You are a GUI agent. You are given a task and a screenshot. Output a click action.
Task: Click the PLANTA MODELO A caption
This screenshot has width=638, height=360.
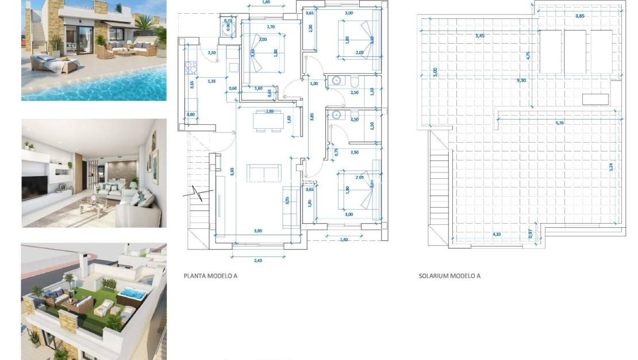pyautogui.click(x=210, y=276)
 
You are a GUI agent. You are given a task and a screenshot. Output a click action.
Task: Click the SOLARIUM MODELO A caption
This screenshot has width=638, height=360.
pyautogui.click(x=449, y=276)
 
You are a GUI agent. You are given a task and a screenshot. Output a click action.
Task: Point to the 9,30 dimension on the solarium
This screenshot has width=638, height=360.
pyautogui.click(x=521, y=80)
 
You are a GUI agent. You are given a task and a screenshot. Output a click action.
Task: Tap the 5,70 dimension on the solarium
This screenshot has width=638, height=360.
pyautogui.click(x=559, y=123)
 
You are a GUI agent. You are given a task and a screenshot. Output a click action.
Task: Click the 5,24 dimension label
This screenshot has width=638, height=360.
pyautogui.click(x=612, y=167)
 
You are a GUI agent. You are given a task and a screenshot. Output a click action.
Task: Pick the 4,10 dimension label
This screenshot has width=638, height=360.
pyautogui.click(x=496, y=234)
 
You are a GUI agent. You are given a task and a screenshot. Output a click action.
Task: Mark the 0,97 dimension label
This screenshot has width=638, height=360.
pyautogui.click(x=531, y=233)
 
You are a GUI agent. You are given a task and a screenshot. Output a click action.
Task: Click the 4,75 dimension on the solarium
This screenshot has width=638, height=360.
pyautogui.click(x=528, y=56)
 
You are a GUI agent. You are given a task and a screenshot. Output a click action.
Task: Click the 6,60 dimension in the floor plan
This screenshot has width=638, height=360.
pyautogui.click(x=232, y=171)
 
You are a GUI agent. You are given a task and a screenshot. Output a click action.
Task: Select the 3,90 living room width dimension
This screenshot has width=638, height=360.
pyautogui.click(x=258, y=231)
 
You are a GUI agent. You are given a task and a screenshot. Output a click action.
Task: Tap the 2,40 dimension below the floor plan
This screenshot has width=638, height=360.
pyautogui.click(x=257, y=261)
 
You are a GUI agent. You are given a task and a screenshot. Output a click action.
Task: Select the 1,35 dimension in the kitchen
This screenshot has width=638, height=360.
pyautogui.click(x=212, y=81)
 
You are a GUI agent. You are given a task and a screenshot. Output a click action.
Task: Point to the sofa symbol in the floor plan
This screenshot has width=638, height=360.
pyautogui.click(x=264, y=173)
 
